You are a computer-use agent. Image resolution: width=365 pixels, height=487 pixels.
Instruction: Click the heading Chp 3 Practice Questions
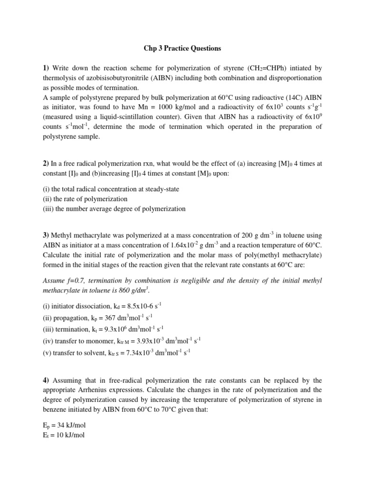182,49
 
